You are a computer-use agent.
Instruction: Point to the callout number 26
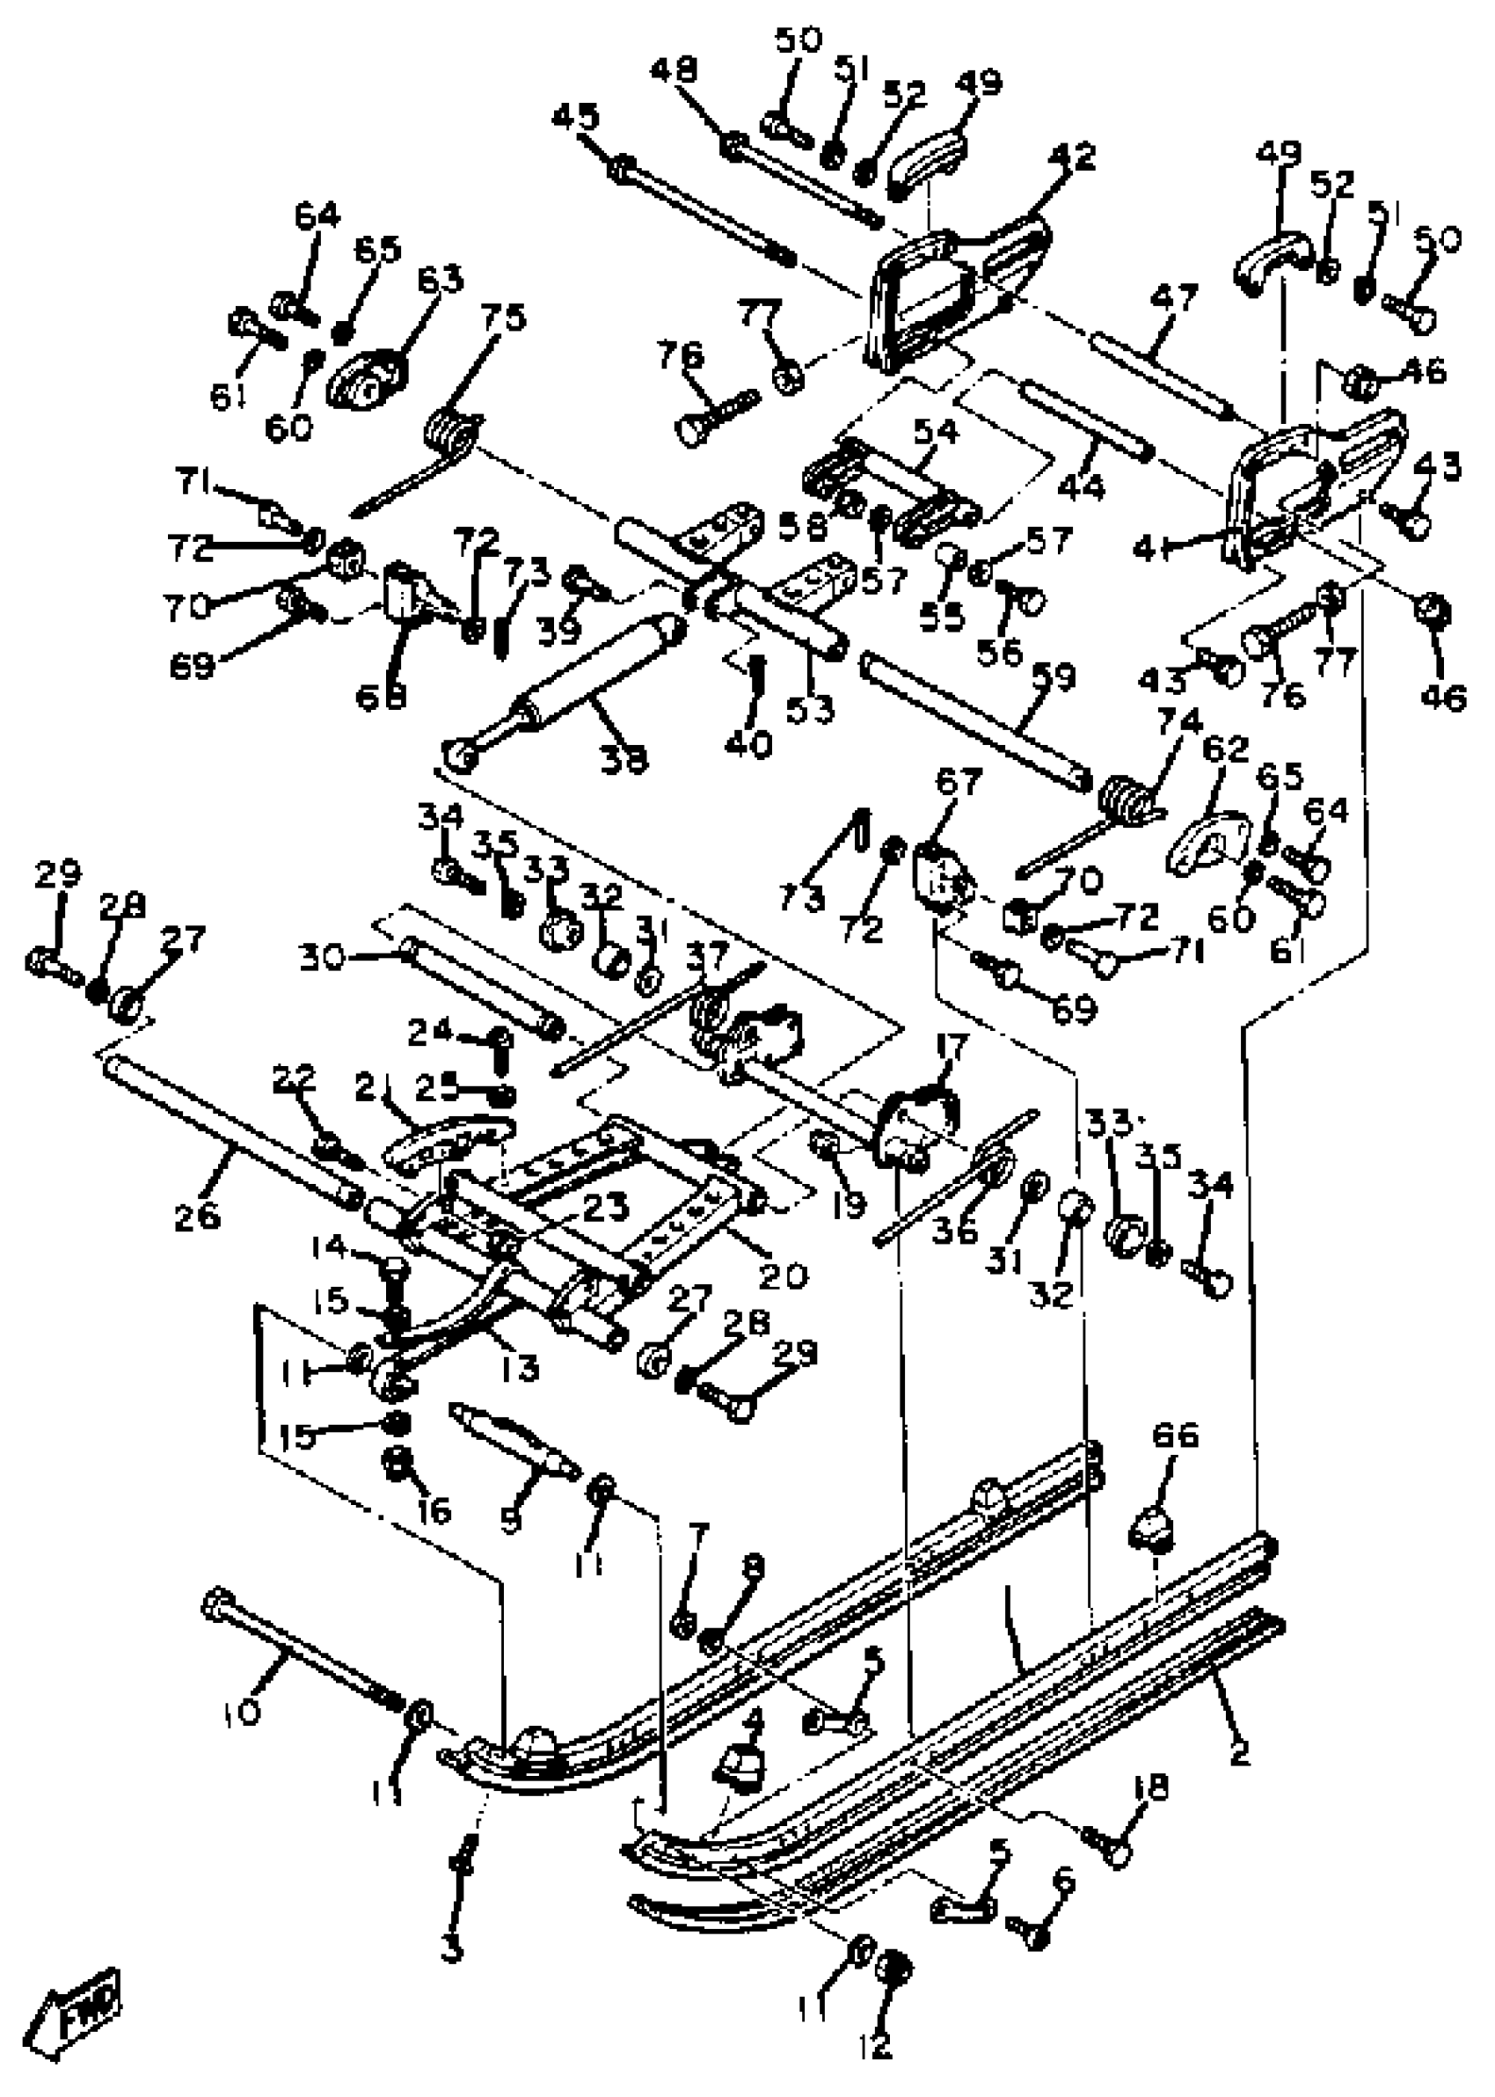[x=197, y=1215]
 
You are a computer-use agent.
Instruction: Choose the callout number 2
[x=1240, y=1753]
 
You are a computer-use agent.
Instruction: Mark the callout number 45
[x=576, y=117]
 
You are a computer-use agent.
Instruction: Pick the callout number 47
[x=1175, y=296]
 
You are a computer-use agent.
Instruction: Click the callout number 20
[x=783, y=1274]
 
